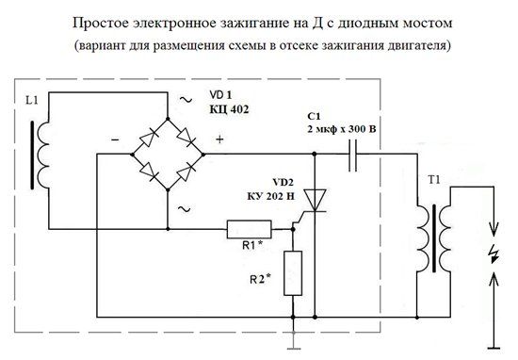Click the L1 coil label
[x=32, y=100]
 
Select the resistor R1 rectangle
[x=249, y=229]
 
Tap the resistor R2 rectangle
[x=293, y=273]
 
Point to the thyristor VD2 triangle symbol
[x=315, y=201]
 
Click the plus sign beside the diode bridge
[x=219, y=139]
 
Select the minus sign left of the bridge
[x=115, y=140]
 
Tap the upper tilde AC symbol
[x=186, y=99]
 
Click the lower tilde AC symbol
[x=184, y=209]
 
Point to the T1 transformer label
[x=434, y=180]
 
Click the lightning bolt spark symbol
[x=494, y=254]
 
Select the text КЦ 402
[x=229, y=109]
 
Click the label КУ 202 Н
[x=270, y=196]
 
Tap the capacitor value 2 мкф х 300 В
[x=342, y=129]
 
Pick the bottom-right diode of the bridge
[x=186, y=172]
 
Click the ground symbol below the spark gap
[x=494, y=348]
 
